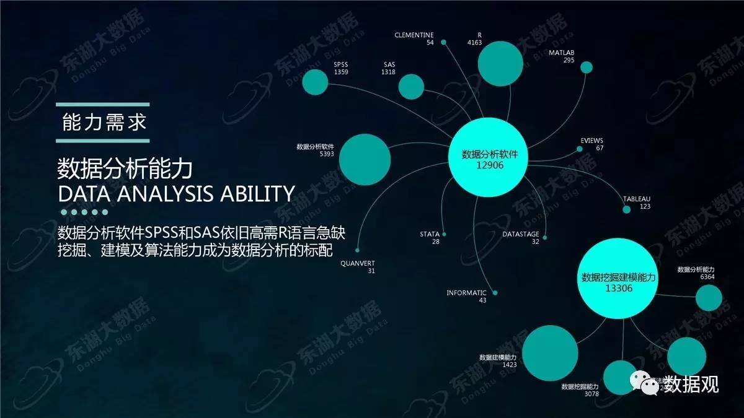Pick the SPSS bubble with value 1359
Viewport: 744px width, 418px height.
coord(314,82)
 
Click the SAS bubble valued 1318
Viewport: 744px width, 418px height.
coord(411,87)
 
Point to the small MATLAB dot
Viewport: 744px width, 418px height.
coord(587,67)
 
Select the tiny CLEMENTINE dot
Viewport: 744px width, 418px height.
coord(443,43)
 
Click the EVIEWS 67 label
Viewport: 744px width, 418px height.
coord(591,144)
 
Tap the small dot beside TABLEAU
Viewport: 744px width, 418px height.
coord(626,210)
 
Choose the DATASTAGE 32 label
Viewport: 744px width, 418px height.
coord(520,238)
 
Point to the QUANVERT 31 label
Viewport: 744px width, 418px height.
coord(358,267)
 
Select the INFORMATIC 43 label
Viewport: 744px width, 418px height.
coord(467,296)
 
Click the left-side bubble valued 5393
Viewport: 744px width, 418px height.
coord(365,158)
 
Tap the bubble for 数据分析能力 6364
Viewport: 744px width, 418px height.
coord(709,297)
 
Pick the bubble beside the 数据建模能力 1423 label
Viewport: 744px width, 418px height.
coord(550,352)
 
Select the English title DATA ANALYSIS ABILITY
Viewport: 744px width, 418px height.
coord(175,194)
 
